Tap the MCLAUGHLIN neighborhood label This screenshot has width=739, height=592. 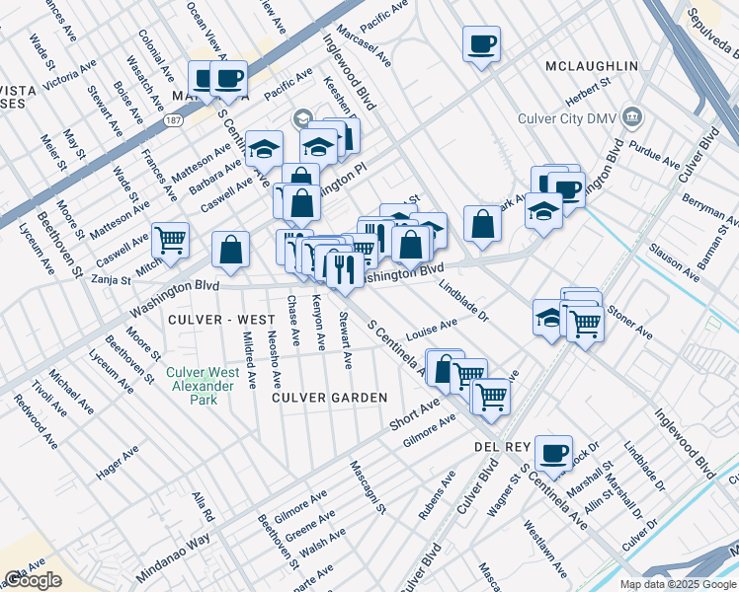pos(591,66)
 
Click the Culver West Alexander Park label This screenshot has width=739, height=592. pos(202,379)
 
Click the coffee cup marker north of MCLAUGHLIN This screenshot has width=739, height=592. pos(481,44)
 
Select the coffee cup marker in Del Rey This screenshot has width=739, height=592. pos(553,453)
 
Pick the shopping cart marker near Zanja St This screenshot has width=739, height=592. pos(170,240)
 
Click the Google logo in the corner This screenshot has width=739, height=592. pos(33,580)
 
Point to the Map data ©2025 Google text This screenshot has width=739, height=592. pos(677,584)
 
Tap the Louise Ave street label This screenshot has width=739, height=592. pos(431,328)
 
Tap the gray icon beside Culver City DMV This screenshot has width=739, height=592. pos(632,119)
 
